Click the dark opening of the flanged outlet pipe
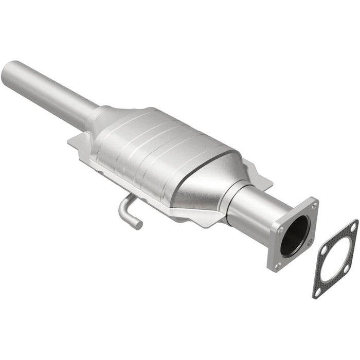tap(294, 236)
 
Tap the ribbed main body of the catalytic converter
tap(154, 149)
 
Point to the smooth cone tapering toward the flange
tap(206, 180)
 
